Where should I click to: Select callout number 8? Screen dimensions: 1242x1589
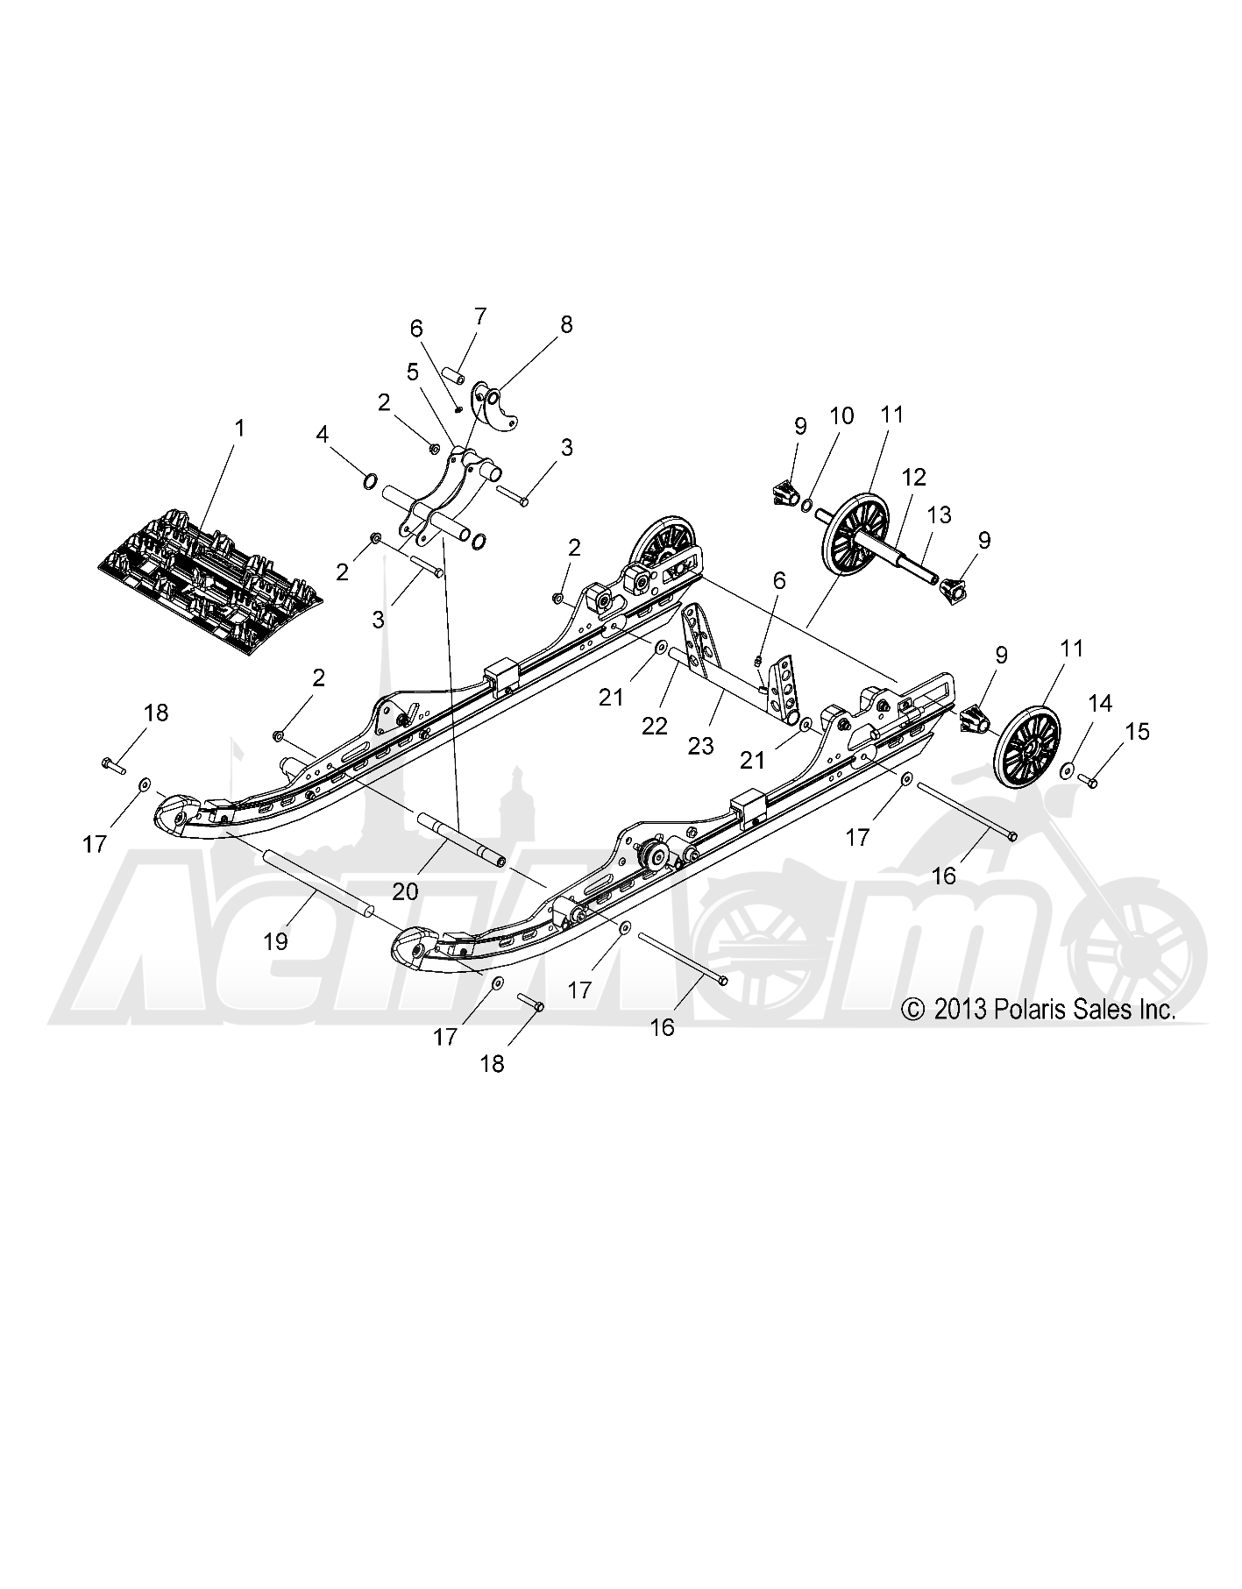(566, 324)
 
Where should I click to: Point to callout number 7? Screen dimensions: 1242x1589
(479, 316)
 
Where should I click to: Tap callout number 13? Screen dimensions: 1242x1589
(940, 514)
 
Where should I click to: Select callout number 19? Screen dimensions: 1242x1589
(275, 941)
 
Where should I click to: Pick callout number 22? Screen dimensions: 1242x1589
(655, 726)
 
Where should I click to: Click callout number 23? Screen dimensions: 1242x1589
(700, 745)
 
